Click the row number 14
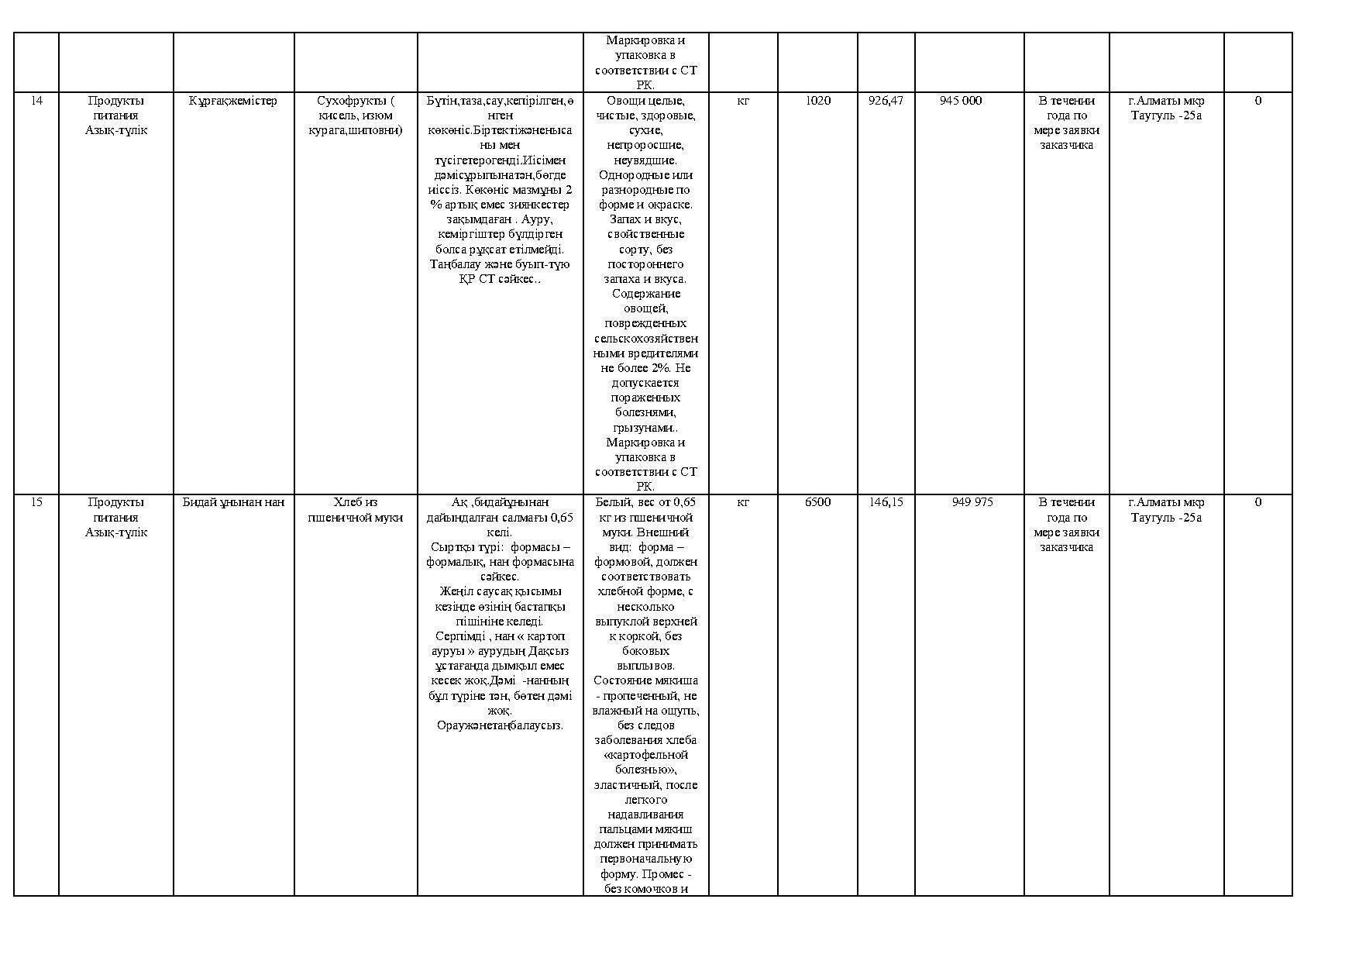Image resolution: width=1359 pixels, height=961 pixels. click(x=36, y=101)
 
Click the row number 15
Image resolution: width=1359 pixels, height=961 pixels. click(x=36, y=502)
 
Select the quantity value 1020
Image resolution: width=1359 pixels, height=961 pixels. click(x=818, y=101)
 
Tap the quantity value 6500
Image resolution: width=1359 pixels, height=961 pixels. click(x=818, y=502)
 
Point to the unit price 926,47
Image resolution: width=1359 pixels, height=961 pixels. click(x=886, y=101)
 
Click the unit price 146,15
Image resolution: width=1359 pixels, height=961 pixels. click(x=886, y=502)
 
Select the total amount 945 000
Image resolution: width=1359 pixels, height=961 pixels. click(x=961, y=101)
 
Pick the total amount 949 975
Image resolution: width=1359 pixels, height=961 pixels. click(x=972, y=502)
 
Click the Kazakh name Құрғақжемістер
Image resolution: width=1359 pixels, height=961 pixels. click(x=233, y=101)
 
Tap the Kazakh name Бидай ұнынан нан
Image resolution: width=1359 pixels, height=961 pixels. click(x=233, y=502)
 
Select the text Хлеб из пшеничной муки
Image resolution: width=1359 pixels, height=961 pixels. click(x=355, y=510)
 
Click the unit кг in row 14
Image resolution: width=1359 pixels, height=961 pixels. click(x=742, y=101)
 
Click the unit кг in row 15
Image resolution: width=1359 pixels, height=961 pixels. click(x=742, y=502)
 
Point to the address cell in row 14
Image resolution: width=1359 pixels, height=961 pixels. click(x=1166, y=108)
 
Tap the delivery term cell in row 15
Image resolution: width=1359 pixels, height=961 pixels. click(x=1066, y=525)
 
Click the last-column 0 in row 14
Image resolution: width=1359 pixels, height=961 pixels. click(x=1258, y=101)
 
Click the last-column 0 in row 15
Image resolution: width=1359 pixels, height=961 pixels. click(x=1258, y=502)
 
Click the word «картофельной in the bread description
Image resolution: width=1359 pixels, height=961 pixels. click(x=645, y=755)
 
